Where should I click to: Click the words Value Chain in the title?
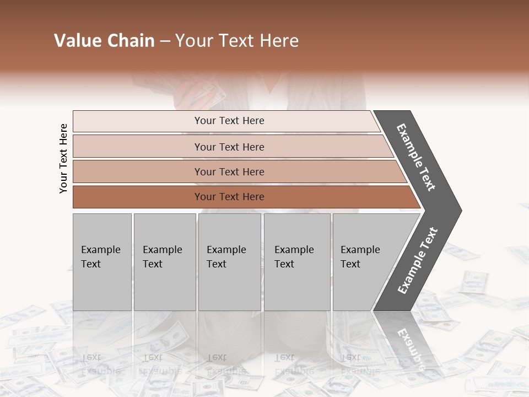pyautogui.click(x=104, y=41)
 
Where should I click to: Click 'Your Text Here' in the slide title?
pyautogui.click(x=237, y=41)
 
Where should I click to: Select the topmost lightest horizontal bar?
pyautogui.click(x=138, y=121)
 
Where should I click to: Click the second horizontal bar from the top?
pyautogui.click(x=138, y=147)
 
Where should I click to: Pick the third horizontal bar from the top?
pyautogui.click(x=138, y=171)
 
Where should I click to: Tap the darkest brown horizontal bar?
pyautogui.click(x=138, y=197)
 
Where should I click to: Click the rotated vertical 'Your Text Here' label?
pyautogui.click(x=63, y=159)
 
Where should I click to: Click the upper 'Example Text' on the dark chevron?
pyautogui.click(x=416, y=157)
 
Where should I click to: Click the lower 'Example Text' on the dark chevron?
pyautogui.click(x=418, y=261)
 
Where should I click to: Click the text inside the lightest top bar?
pyautogui.click(x=229, y=121)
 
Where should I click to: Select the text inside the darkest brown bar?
pyautogui.click(x=229, y=197)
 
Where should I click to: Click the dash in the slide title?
pyautogui.click(x=165, y=41)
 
